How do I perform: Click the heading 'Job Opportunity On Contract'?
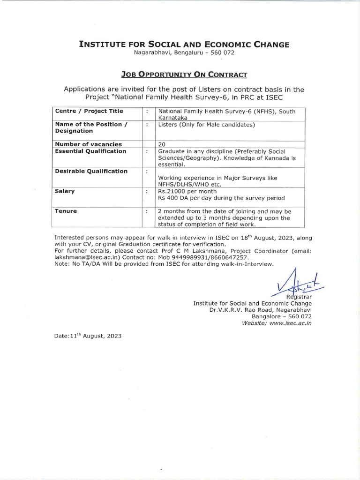184,75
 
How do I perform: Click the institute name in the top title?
184,45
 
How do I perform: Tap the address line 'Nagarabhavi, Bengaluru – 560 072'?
184,52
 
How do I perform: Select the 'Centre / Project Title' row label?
89,111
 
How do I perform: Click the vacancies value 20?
162,144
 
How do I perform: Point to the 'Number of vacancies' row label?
88,144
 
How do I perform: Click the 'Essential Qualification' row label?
90,151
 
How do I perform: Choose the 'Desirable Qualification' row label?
91,171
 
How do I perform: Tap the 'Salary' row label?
65,191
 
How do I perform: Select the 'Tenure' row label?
66,211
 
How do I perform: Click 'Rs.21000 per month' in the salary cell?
187,191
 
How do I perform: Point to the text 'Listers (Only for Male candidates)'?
206,125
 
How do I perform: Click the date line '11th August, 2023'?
88,336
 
